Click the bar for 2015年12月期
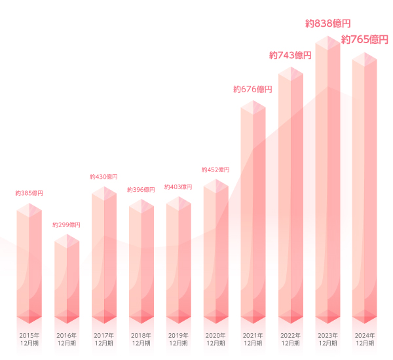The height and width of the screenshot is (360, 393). click(x=29, y=265)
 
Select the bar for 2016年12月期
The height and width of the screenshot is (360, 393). click(x=66, y=278)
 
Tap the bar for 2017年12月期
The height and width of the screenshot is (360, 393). click(x=103, y=255)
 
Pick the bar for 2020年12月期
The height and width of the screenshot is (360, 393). click(x=215, y=252)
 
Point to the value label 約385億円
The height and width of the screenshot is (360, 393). click(x=29, y=194)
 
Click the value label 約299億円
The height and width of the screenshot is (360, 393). click(x=66, y=225)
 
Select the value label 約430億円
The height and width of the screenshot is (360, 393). click(x=103, y=177)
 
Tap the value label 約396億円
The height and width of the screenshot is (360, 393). click(x=141, y=190)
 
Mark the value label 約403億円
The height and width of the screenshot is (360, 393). click(x=178, y=187)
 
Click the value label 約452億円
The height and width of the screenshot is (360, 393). click(x=215, y=170)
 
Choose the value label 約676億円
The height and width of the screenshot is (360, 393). click(x=253, y=89)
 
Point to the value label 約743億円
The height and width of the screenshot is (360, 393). click(x=290, y=55)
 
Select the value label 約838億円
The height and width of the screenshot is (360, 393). click(x=328, y=24)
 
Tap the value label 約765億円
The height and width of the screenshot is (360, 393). click(x=365, y=40)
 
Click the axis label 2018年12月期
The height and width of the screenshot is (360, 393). click(x=141, y=339)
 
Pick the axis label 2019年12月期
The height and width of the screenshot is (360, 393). click(x=178, y=339)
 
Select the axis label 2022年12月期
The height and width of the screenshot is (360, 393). click(x=290, y=339)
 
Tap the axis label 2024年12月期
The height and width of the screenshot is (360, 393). click(x=365, y=339)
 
